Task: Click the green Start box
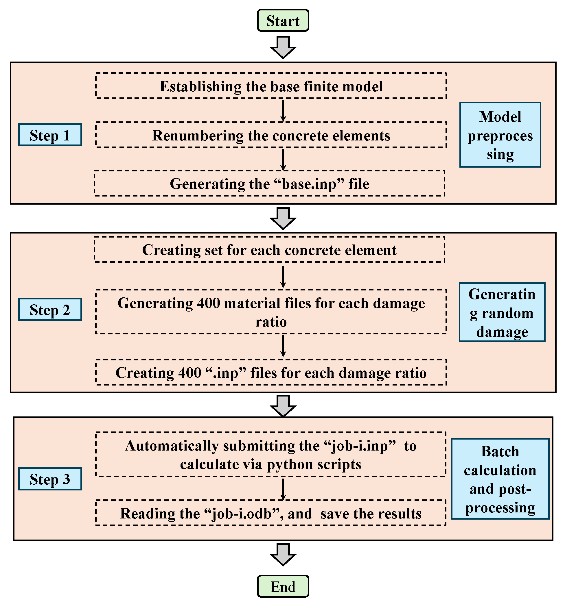click(x=283, y=21)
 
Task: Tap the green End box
click(x=283, y=586)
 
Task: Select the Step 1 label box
click(x=50, y=135)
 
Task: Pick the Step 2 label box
click(x=50, y=310)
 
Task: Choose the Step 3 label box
click(x=50, y=479)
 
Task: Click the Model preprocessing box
click(x=500, y=135)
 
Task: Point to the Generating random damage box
click(x=502, y=312)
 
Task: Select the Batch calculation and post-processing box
click(x=500, y=479)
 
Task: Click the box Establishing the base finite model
click(x=271, y=86)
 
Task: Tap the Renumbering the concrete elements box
click(x=271, y=135)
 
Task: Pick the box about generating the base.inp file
click(x=269, y=183)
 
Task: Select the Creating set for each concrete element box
click(x=269, y=249)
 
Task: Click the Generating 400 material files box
click(x=271, y=312)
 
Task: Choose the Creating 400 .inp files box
click(x=271, y=372)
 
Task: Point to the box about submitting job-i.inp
click(x=271, y=454)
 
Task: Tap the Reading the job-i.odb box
click(x=271, y=513)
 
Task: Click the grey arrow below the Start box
click(x=283, y=47)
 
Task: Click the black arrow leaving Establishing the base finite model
click(x=283, y=110)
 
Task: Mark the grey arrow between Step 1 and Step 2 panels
click(x=283, y=218)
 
